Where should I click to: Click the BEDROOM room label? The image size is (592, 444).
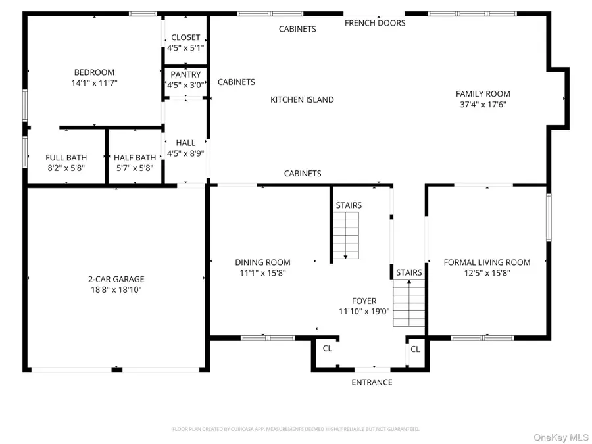94,72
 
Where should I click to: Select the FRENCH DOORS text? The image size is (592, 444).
375,23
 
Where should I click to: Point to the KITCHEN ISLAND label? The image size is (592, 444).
302,100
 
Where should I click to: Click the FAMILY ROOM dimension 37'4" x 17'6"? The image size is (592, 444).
483,104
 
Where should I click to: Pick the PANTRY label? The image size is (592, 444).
185,75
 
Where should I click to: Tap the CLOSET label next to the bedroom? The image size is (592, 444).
185,37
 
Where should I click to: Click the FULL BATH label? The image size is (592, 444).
65,158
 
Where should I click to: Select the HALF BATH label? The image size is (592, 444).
135,158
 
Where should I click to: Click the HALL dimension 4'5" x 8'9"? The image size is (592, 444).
185,153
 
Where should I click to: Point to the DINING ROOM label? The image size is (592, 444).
262,262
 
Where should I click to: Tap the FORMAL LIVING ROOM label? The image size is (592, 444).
487,262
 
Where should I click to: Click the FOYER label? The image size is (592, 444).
364,301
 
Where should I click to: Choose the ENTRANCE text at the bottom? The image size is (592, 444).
372,382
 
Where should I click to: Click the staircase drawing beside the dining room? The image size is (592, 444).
346,236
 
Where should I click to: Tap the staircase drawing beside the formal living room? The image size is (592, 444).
409,303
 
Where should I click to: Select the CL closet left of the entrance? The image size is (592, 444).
327,349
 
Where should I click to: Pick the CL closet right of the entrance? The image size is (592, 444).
415,349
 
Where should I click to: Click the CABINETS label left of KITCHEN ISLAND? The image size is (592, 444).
236,82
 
